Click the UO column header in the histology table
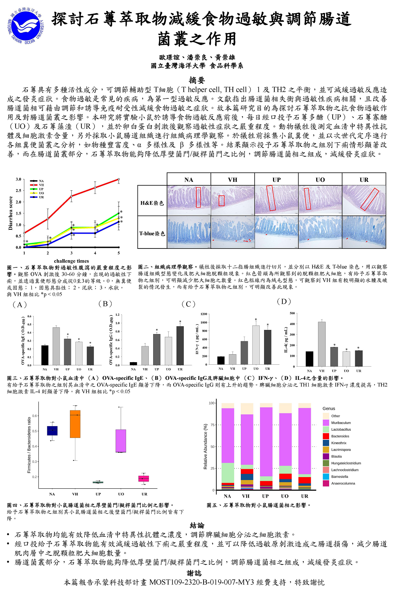tap(320, 180)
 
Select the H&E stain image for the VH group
tap(233, 200)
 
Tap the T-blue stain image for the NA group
tap(189, 232)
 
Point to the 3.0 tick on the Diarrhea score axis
tap(19, 179)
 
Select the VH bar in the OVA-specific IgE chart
tap(56, 346)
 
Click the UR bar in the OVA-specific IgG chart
tap(180, 345)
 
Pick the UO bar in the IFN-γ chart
tap(256, 345)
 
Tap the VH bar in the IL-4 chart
tap(322, 344)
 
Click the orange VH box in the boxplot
tap(75, 424)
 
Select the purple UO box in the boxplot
tap(121, 441)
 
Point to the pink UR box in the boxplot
tap(144, 478)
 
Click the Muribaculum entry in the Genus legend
tap(341, 423)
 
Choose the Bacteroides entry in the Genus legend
tap(340, 436)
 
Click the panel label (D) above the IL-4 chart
tap(284, 302)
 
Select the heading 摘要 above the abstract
tap(197, 80)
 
